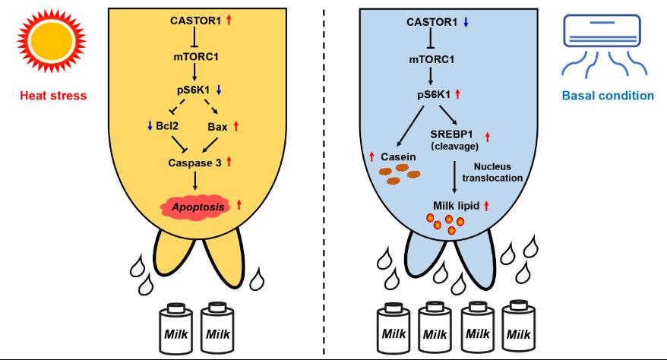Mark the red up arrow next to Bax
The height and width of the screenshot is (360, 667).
[239, 125]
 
